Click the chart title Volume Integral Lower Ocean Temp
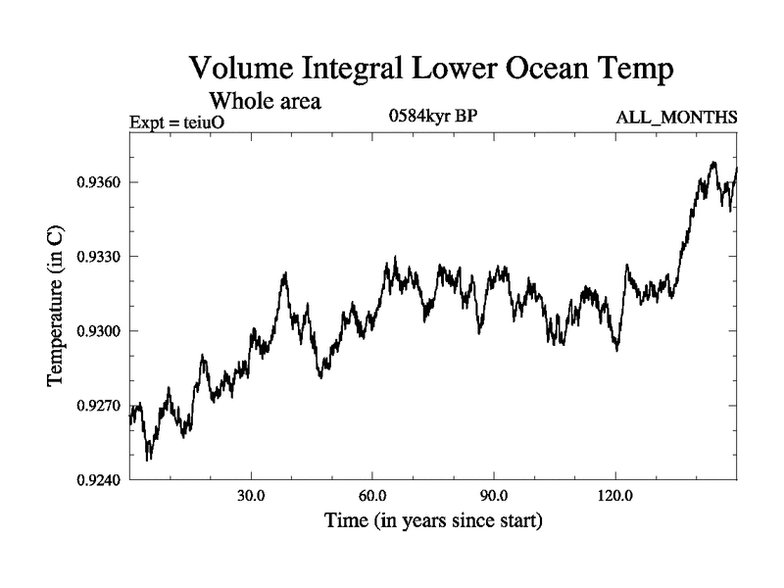pos(431,70)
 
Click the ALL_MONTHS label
pos(676,118)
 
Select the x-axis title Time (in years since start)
pos(433,520)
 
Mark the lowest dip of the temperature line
pos(148,459)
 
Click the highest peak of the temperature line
pos(713,163)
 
